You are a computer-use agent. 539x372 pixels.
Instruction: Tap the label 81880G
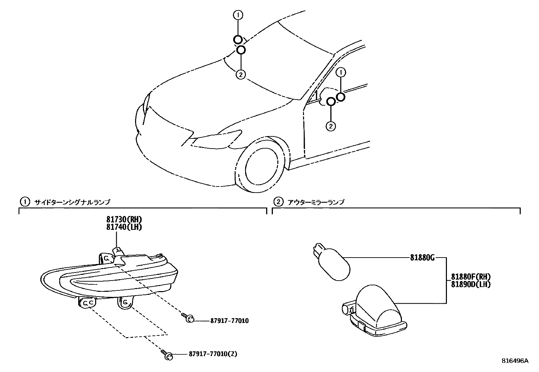(x=422, y=258)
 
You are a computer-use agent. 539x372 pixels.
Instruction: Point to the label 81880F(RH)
(x=471, y=277)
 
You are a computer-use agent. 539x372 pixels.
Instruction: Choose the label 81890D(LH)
(x=471, y=284)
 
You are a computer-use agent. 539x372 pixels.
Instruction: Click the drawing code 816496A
(x=515, y=361)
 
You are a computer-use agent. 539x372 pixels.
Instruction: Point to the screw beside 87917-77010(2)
(x=167, y=355)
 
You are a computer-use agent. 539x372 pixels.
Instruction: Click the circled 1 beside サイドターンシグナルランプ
(x=24, y=202)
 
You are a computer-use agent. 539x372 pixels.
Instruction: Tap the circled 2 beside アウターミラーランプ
(x=277, y=202)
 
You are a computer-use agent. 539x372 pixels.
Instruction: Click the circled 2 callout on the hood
(x=240, y=74)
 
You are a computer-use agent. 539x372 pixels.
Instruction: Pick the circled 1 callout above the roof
(x=238, y=15)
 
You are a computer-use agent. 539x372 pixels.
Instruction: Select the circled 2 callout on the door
(x=330, y=126)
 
